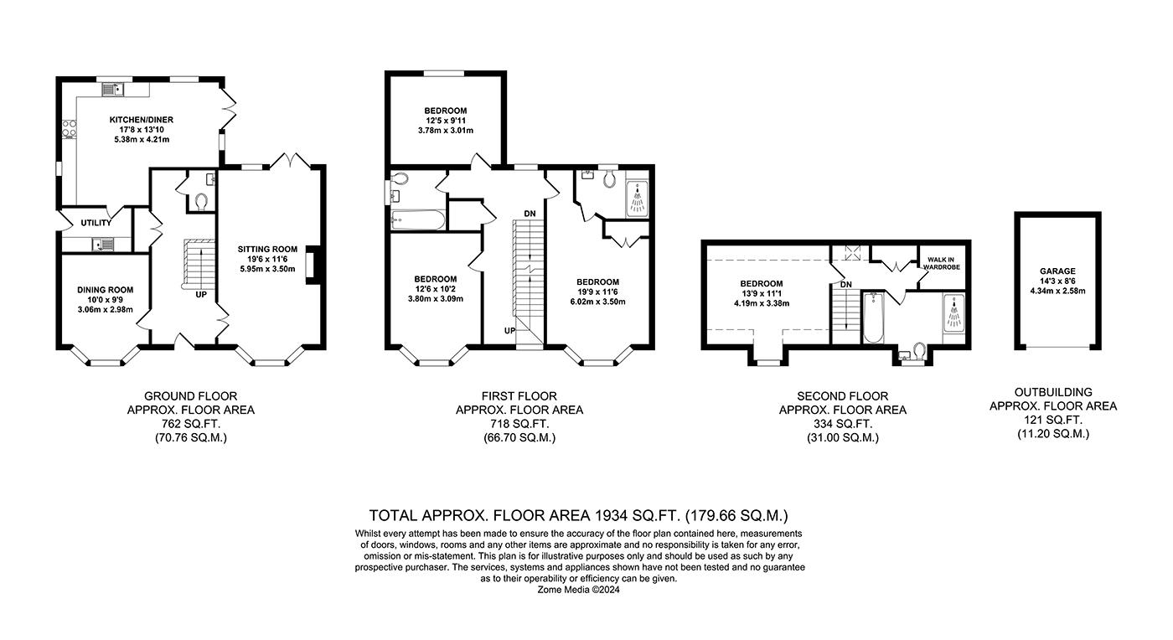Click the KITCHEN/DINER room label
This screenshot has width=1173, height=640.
(x=141, y=120)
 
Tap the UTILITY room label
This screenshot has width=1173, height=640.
(x=96, y=223)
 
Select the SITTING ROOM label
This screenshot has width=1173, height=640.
(x=267, y=249)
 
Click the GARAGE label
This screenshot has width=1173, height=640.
(x=1057, y=272)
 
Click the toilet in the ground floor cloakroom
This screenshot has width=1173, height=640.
(x=199, y=201)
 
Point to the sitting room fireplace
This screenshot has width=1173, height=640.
(x=312, y=264)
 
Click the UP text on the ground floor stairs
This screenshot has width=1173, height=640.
(x=201, y=295)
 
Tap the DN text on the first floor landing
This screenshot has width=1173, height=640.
(x=530, y=214)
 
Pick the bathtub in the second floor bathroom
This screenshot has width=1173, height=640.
(x=871, y=318)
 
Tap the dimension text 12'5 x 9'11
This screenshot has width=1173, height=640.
(x=445, y=121)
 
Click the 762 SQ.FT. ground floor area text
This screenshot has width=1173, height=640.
(x=190, y=424)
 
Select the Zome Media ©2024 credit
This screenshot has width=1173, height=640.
(x=579, y=589)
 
